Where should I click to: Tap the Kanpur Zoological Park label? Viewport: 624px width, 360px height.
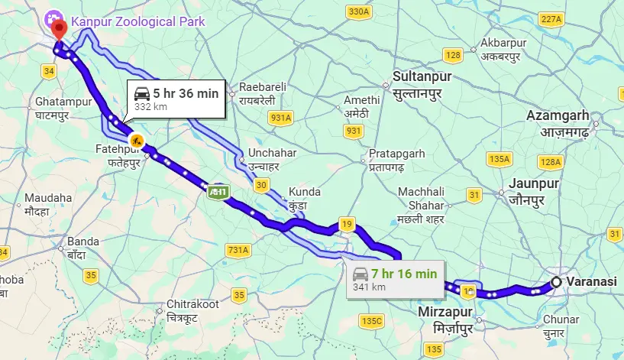click(137, 21)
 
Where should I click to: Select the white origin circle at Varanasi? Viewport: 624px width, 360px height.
click(557, 282)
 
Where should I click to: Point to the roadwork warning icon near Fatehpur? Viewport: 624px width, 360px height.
click(137, 140)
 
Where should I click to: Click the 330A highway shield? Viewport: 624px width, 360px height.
click(357, 11)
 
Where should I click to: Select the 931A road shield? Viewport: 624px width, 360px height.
click(280, 118)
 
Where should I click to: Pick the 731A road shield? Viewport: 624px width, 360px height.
click(238, 250)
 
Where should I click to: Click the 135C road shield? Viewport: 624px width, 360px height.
click(372, 320)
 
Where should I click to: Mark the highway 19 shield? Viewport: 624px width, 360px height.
click(348, 224)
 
